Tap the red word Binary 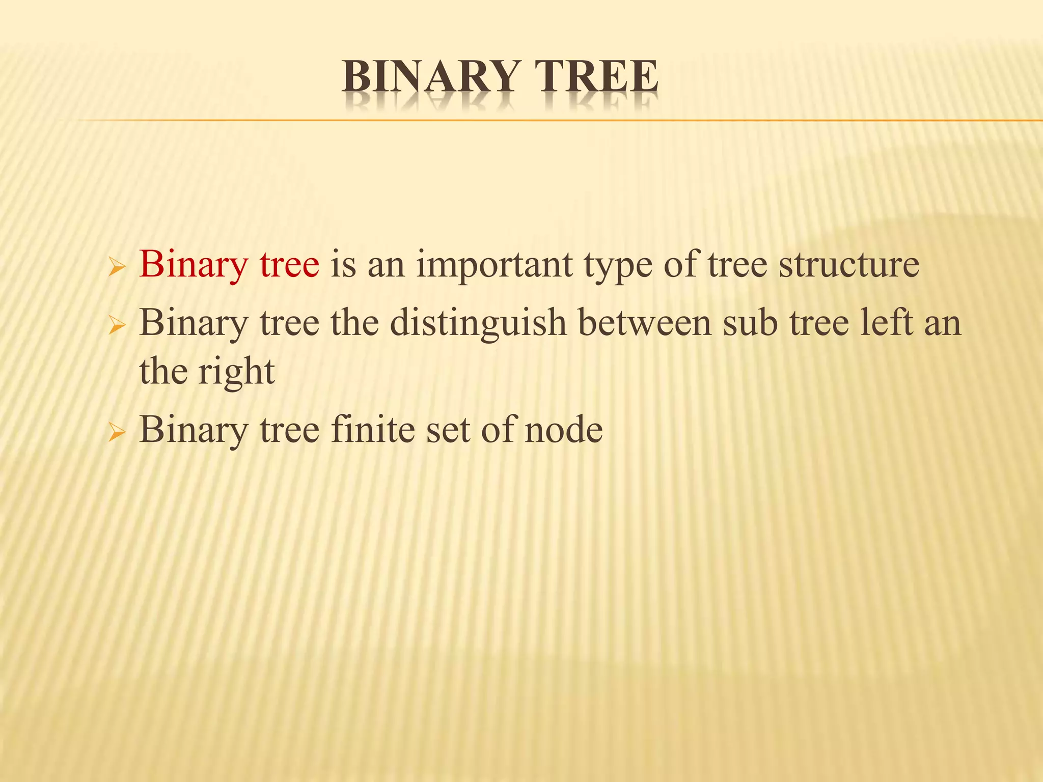(x=194, y=265)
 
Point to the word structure (x=849, y=265)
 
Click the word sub (x=750, y=323)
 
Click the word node (x=563, y=431)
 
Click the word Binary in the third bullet (x=194, y=431)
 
